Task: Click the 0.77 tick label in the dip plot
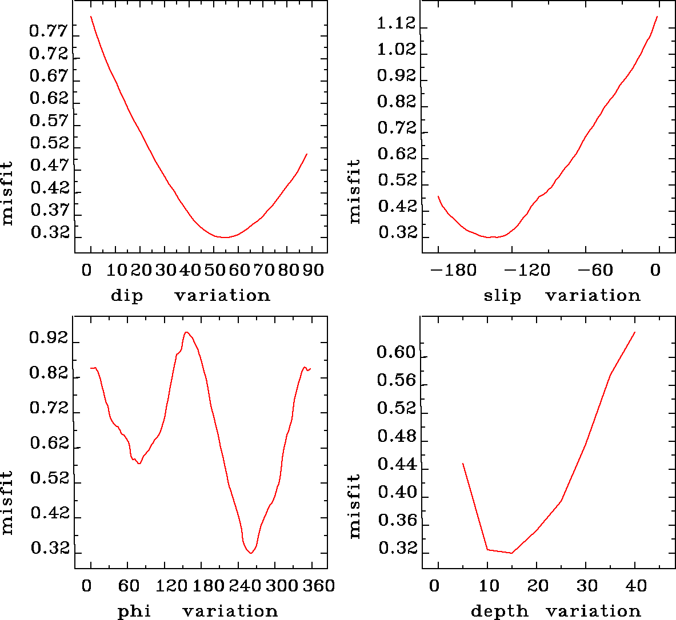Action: (49, 31)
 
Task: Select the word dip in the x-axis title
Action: (126, 296)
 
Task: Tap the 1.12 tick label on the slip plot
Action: (397, 24)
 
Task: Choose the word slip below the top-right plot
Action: (502, 296)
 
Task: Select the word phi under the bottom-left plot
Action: (134, 611)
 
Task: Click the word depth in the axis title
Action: (499, 611)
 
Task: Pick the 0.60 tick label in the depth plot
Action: (395, 353)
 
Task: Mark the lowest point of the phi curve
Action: (251, 553)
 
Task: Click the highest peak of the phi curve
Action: (186, 332)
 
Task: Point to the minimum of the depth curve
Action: (512, 553)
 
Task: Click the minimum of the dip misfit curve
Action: (225, 237)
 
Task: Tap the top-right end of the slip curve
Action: (657, 17)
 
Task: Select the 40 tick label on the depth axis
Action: (635, 586)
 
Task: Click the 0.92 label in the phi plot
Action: (49, 339)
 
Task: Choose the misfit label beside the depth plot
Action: (355, 506)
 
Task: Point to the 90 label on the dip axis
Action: (313, 270)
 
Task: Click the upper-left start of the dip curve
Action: (91, 17)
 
